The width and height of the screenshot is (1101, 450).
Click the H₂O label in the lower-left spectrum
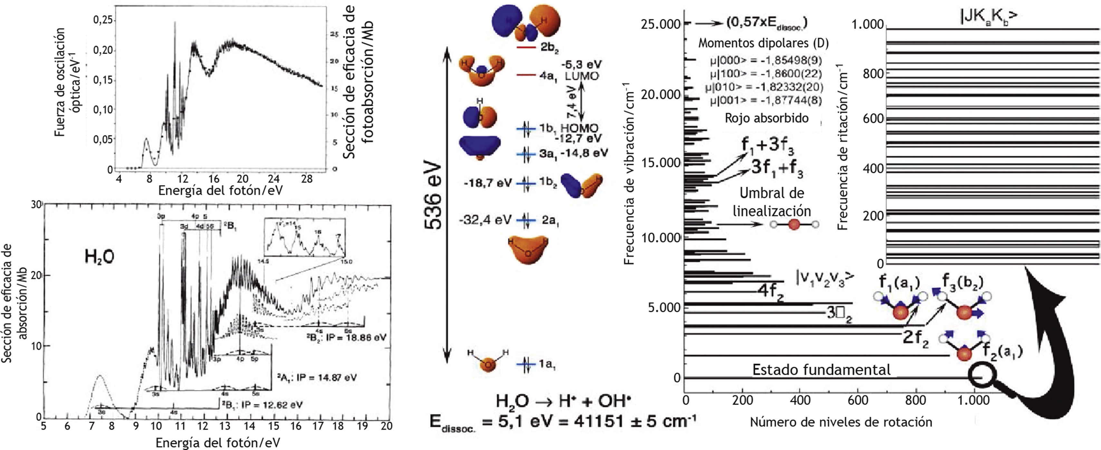coord(99,257)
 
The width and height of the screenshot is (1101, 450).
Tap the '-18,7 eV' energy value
coord(487,183)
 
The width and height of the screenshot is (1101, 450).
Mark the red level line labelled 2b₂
coord(526,47)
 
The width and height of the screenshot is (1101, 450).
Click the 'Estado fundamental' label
coord(821,370)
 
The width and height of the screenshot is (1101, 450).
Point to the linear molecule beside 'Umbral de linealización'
coord(794,225)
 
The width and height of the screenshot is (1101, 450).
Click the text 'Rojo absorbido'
coord(766,118)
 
